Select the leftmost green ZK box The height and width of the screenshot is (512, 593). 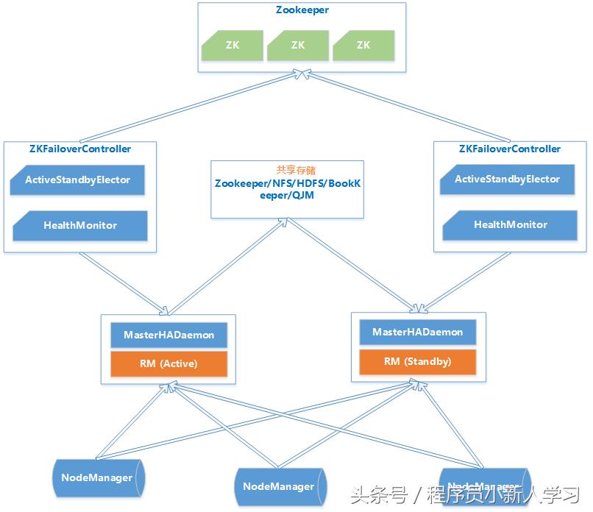tap(232, 45)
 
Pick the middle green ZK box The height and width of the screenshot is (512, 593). tap(298, 45)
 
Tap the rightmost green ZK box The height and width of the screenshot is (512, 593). tap(363, 45)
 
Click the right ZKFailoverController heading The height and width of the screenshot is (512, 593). tap(509, 149)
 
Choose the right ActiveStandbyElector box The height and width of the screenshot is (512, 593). tap(507, 179)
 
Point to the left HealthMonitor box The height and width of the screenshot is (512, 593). tap(80, 225)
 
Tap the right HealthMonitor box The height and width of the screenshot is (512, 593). tap(510, 224)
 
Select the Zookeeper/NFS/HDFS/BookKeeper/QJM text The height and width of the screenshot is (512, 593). tap(287, 189)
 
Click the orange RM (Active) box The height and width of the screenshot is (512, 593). tap(169, 363)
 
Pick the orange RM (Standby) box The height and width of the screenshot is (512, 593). tap(417, 361)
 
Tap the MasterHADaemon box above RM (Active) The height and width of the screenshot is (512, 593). tap(169, 335)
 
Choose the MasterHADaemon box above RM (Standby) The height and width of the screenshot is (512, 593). tap(417, 332)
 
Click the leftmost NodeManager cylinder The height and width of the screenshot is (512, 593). tap(97, 477)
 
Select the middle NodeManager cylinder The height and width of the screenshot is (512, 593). tap(279, 486)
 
